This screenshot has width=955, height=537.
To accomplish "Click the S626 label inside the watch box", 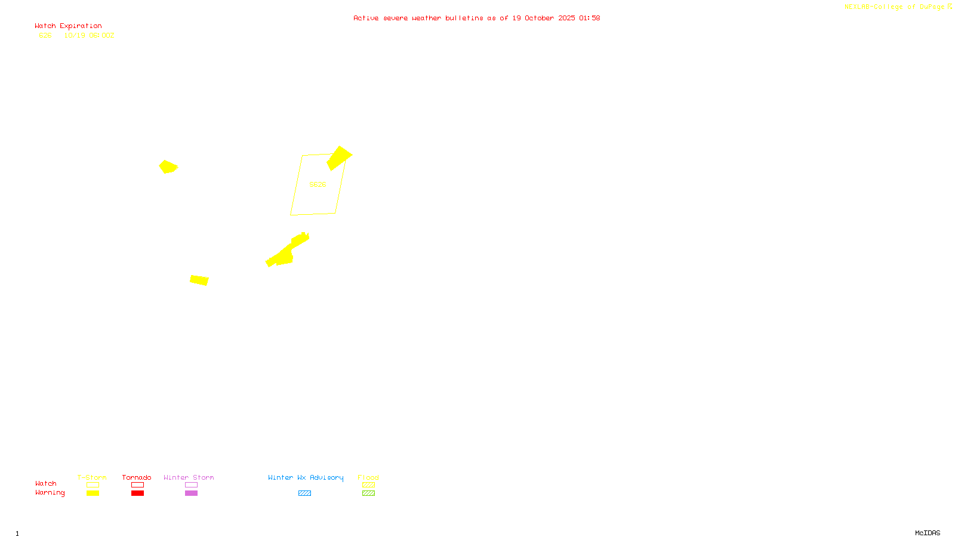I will pos(318,184).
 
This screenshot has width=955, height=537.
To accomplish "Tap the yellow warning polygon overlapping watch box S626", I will pos(338,158).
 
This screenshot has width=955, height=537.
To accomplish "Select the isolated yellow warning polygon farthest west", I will pos(168,166).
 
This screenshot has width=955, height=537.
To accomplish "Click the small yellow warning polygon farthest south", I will pos(199,280).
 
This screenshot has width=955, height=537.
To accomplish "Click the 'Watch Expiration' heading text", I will pos(68,26).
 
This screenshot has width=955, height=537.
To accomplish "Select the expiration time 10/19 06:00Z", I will pos(89,35).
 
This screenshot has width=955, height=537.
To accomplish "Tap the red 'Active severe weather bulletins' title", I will pos(476,18).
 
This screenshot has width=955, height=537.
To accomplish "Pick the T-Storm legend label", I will pos(92,477).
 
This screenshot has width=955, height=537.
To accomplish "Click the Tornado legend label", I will pos(137,477).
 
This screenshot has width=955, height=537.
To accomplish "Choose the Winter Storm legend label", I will pos(189,477).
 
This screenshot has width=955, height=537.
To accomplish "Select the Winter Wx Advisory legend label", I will pos(306,477).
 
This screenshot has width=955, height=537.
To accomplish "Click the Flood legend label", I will pos(368,477).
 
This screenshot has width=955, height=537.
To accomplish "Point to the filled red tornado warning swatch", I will pos(137,493).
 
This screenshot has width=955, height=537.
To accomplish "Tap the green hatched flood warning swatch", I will pos(368,493).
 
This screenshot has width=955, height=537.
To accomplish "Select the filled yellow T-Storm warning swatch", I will pos(93,493).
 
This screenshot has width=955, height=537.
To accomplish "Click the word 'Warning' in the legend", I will pos(50,493).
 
